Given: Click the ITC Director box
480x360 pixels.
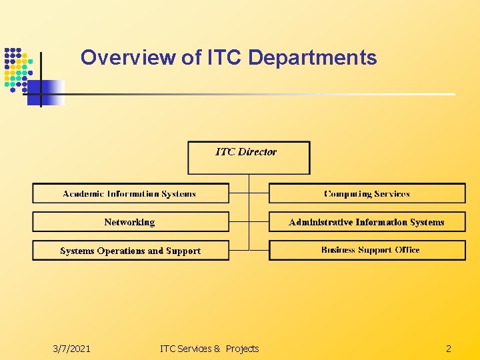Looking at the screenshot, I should click(x=249, y=158).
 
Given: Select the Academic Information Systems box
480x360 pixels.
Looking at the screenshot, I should click(x=130, y=194).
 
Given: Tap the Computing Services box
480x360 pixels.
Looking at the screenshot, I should click(x=367, y=194).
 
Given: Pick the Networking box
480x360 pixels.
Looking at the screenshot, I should click(x=130, y=222).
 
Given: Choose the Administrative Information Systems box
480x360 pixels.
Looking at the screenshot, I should click(x=367, y=222).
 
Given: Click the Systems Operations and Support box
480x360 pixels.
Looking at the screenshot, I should click(x=130, y=251).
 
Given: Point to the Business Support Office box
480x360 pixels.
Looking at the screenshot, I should click(x=367, y=250).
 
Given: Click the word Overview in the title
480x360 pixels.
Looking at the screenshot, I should click(x=129, y=58).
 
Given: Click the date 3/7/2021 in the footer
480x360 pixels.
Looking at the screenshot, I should click(x=72, y=349).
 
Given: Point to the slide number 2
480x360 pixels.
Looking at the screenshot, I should click(x=448, y=349).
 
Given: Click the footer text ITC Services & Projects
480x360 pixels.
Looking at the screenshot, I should click(x=209, y=349).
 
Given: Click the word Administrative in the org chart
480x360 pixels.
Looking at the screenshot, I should click(x=320, y=222).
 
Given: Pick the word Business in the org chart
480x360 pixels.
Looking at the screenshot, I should click(x=338, y=250).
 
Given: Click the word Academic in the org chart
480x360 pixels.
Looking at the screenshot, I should click(x=83, y=194).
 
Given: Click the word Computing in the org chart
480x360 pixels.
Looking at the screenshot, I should click(x=347, y=194).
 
